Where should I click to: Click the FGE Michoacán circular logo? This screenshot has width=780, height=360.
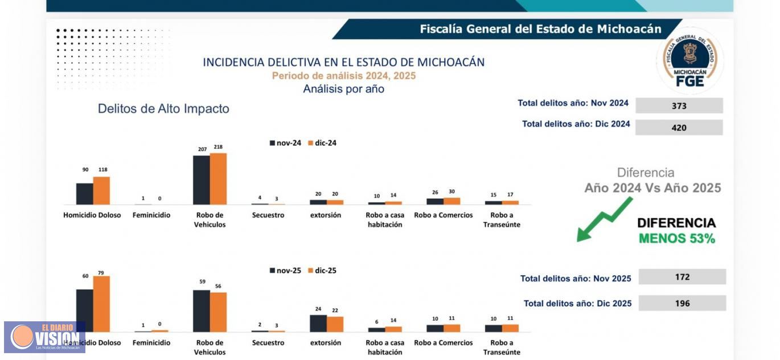pyautogui.click(x=690, y=61)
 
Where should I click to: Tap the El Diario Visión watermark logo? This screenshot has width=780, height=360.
pyautogui.click(x=44, y=337)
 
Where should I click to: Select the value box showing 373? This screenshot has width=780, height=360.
pyautogui.click(x=679, y=106)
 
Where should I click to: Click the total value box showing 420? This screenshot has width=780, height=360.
pyautogui.click(x=679, y=128)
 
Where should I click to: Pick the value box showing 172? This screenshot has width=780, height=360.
pyautogui.click(x=682, y=277)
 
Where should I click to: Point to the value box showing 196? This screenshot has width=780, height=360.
pyautogui.click(x=682, y=303)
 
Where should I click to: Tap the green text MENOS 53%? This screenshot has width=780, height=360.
pyautogui.click(x=676, y=239)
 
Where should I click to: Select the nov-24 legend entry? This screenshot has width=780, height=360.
pyautogui.click(x=285, y=143)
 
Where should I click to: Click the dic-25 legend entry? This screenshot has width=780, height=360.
pyautogui.click(x=322, y=271)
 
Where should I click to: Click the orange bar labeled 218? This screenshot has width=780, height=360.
pyautogui.click(x=218, y=179)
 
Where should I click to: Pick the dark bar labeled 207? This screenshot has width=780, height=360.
pyautogui.click(x=201, y=180)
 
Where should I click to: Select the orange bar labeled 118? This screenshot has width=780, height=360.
pyautogui.click(x=101, y=191)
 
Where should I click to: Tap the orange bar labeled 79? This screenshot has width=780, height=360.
pyautogui.click(x=101, y=304)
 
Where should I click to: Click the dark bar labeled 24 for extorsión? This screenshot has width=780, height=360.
pyautogui.click(x=318, y=323)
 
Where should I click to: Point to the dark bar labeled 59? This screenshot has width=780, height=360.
pyautogui.click(x=201, y=311)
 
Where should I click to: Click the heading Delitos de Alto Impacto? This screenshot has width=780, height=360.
pyautogui.click(x=163, y=109)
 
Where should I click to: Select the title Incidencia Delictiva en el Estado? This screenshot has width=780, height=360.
pyautogui.click(x=343, y=62)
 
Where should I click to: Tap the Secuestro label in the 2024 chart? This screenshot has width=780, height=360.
pyautogui.click(x=268, y=215)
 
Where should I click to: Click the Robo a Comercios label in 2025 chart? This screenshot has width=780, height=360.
pyautogui.click(x=443, y=343)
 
